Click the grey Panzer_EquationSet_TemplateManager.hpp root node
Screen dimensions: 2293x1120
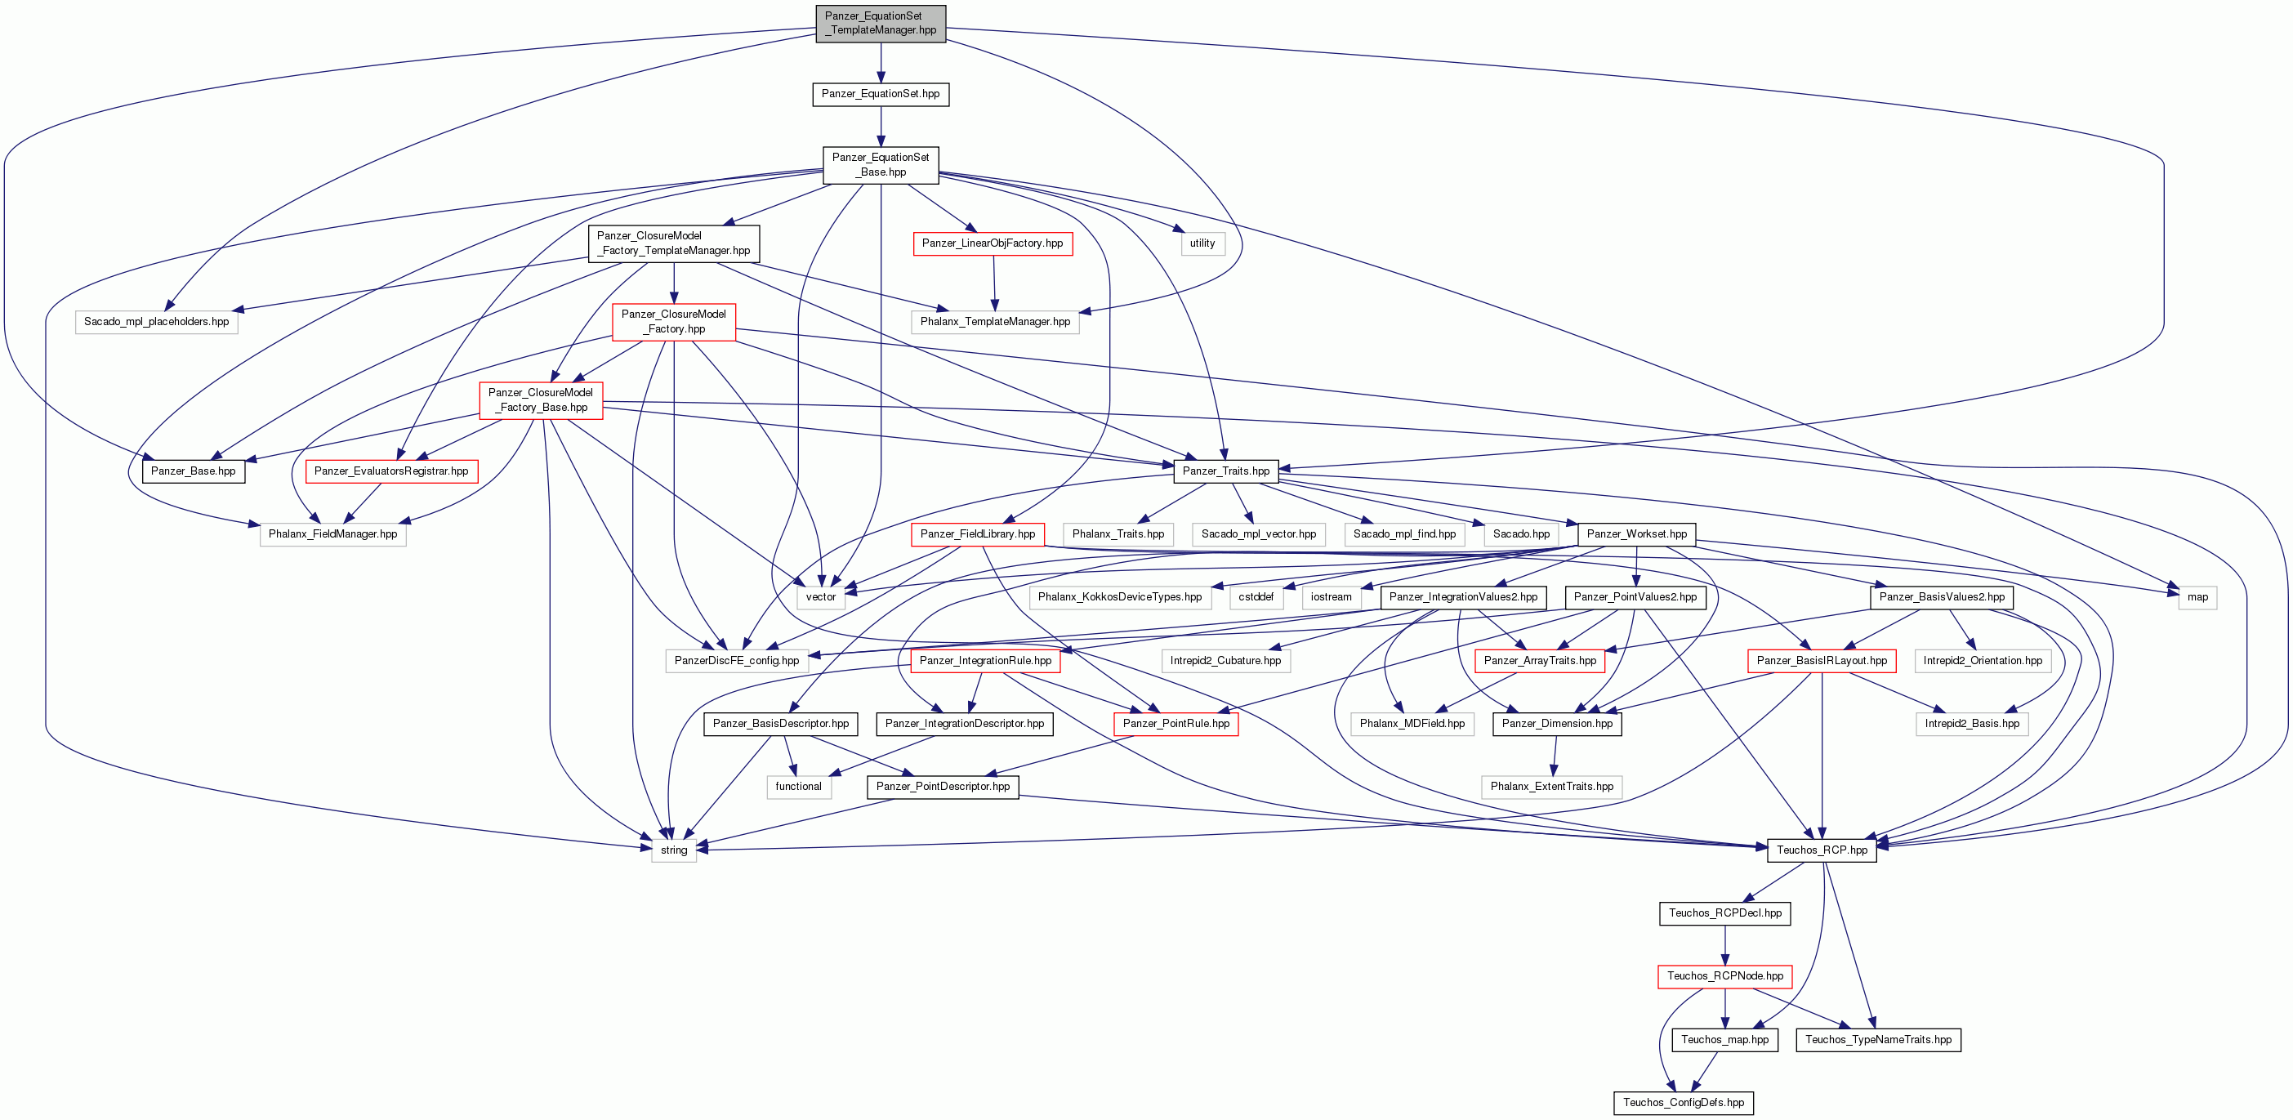tap(881, 23)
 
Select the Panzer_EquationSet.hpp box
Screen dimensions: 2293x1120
tap(881, 93)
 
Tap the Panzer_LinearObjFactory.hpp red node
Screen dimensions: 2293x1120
tap(993, 243)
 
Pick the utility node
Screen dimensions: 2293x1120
tap(1202, 243)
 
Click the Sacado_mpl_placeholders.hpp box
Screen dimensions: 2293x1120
tap(157, 321)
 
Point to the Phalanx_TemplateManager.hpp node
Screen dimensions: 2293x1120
tap(995, 321)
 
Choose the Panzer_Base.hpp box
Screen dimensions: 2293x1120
tap(193, 471)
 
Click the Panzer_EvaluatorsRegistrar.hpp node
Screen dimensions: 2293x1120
tap(391, 471)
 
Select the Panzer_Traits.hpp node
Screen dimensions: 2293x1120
tap(1225, 471)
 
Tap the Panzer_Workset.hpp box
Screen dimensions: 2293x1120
tap(1636, 534)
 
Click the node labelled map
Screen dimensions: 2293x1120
tap(2197, 597)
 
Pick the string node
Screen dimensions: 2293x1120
tap(674, 850)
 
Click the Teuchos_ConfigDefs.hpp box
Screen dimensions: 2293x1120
tap(1684, 1103)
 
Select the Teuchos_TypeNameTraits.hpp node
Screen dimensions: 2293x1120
tap(1878, 1040)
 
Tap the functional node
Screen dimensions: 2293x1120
tap(798, 787)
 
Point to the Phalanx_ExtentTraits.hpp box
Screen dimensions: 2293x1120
tap(1551, 787)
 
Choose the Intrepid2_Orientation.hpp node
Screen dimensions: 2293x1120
tap(1983, 661)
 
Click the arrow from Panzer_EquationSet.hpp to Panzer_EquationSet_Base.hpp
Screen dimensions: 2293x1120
tap(881, 127)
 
